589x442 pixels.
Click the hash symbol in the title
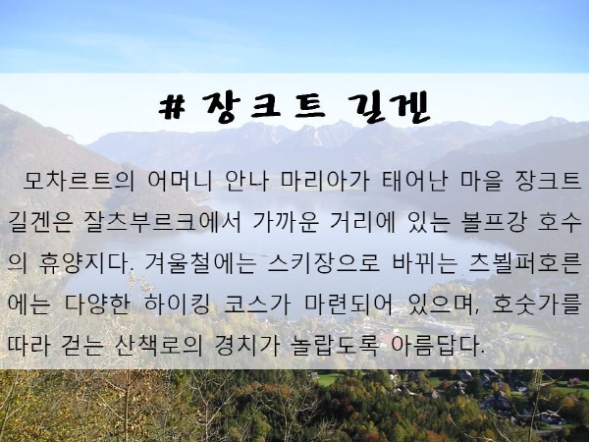tap(173, 108)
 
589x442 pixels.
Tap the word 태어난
tap(414, 181)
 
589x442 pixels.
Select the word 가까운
tap(287, 223)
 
